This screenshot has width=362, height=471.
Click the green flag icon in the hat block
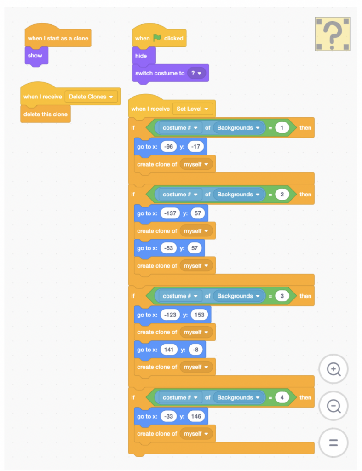157,38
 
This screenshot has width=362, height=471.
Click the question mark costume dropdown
196,73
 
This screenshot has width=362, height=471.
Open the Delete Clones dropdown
91,97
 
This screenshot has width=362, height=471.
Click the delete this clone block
46,114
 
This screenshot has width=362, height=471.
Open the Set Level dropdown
192,109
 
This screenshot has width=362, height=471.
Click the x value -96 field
168,147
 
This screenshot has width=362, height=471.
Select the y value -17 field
195,147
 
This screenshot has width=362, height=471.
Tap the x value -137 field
170,213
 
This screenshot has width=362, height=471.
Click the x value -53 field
168,248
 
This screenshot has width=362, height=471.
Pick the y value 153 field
199,315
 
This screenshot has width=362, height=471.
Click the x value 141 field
169,350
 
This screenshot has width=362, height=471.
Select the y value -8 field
195,350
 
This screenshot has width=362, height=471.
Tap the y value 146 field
196,416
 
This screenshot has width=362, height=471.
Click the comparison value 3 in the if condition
282,296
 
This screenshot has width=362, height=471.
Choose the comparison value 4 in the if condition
282,397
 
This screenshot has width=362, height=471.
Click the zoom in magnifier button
333,369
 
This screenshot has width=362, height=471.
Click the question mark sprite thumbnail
333,34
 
